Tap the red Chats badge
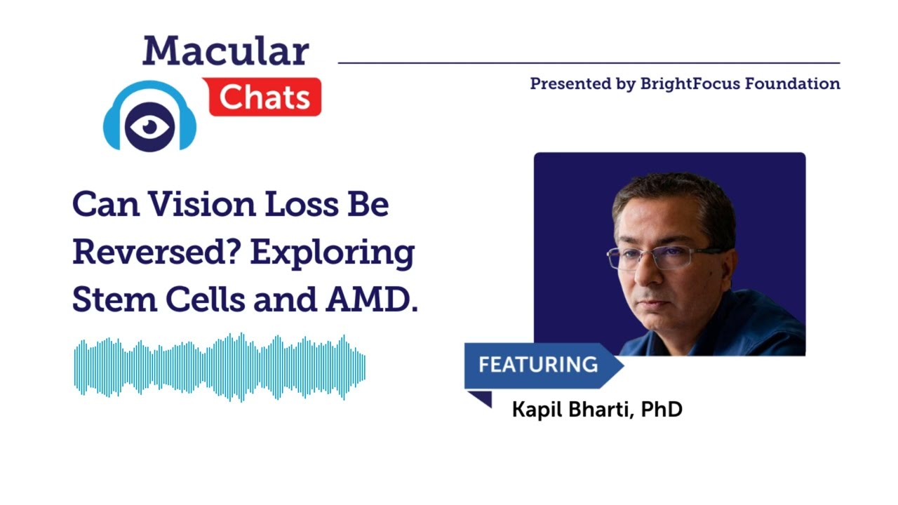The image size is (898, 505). (263, 97)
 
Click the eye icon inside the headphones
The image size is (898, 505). (149, 126)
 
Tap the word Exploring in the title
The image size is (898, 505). (332, 252)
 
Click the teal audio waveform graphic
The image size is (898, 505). (220, 368)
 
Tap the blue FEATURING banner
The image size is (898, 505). (538, 365)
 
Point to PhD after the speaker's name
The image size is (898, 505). (662, 409)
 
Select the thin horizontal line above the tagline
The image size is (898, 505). (589, 63)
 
